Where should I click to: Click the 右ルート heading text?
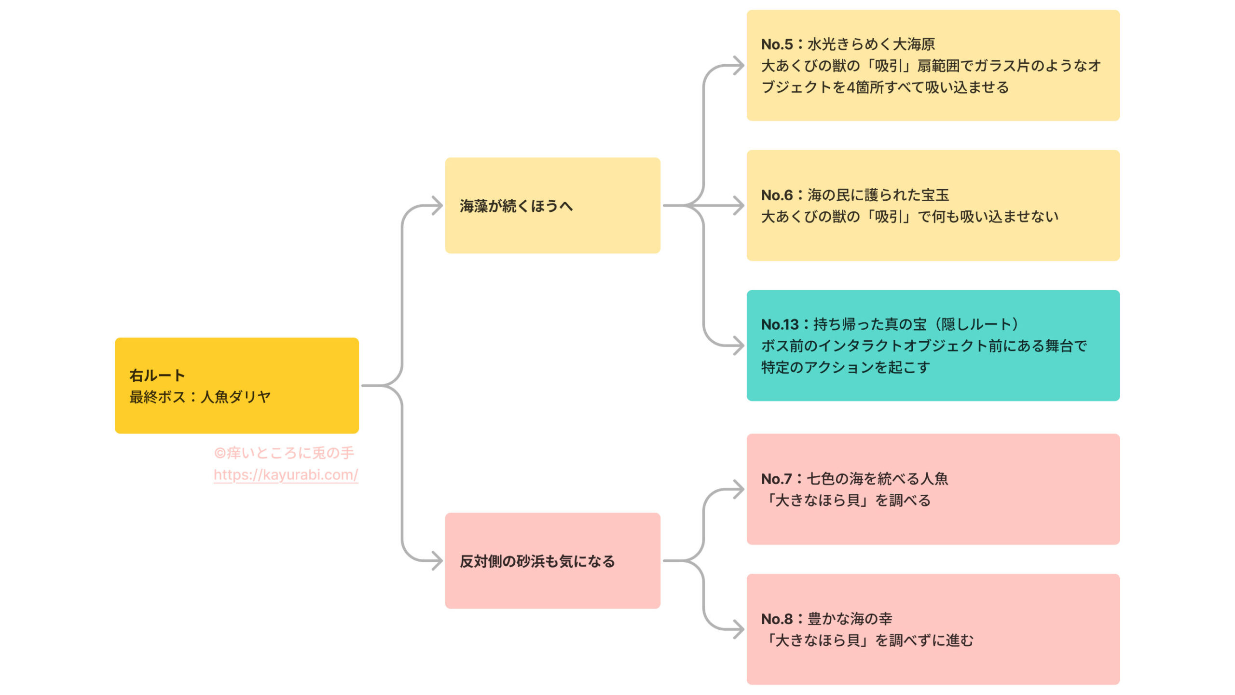157,375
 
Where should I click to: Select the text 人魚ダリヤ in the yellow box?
235,397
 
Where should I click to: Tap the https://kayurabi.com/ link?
286,475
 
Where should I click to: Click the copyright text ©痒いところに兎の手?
284,453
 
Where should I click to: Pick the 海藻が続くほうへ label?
516,206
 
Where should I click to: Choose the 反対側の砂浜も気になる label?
537,561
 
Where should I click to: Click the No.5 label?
777,44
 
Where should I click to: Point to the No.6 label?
777,195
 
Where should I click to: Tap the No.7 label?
776,479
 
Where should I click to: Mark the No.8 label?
777,619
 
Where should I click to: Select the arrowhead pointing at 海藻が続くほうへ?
438,206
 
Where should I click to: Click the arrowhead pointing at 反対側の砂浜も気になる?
438,561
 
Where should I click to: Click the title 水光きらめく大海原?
871,44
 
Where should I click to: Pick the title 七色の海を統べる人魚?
878,479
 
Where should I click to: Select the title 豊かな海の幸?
850,619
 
